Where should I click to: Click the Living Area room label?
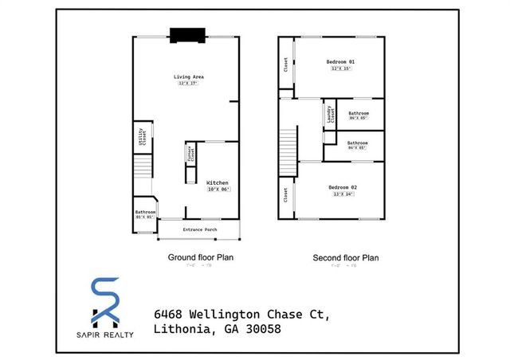[x=186, y=77]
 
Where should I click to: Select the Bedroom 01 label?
[x=341, y=62]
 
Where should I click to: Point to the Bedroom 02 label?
[x=341, y=187]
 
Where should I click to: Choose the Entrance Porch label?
[x=199, y=229]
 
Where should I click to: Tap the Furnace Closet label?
[x=190, y=155]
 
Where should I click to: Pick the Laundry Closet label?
[x=328, y=116]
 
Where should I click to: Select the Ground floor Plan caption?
[x=200, y=257]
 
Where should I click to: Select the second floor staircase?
[x=288, y=147]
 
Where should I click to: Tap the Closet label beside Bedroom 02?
[x=286, y=194]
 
